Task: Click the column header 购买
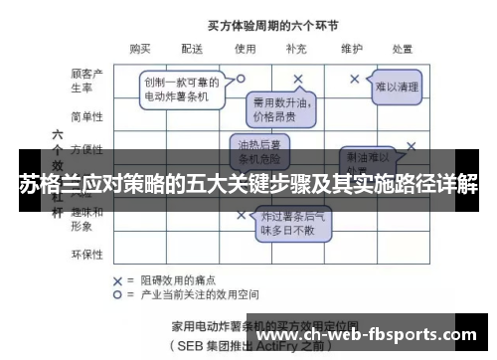click(140, 47)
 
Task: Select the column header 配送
click(192, 47)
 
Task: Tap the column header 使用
click(245, 47)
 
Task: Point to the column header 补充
click(296, 47)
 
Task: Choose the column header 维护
click(350, 47)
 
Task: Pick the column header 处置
click(402, 47)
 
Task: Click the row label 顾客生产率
click(87, 81)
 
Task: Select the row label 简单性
click(87, 116)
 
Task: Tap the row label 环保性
click(87, 255)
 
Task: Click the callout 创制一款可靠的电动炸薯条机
click(177, 89)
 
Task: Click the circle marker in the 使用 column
click(241, 76)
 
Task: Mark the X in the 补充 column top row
click(297, 78)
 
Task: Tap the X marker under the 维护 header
click(355, 78)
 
